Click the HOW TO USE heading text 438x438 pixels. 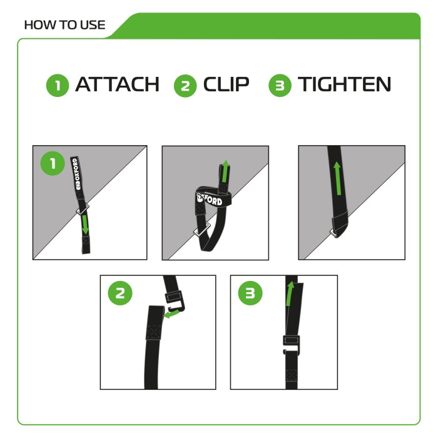(64, 26)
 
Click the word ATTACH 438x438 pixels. (117, 84)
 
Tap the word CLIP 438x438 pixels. (226, 84)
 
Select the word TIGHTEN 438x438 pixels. (345, 84)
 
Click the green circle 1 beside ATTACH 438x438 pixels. (58, 86)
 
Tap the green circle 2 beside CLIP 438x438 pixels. (185, 86)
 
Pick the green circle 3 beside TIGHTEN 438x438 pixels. (280, 86)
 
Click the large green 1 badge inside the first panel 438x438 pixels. (53, 164)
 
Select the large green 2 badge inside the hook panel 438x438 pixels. (121, 294)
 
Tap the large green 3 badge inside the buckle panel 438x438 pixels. (250, 294)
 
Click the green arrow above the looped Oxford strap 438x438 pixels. (225, 171)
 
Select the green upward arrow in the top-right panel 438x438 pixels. (337, 179)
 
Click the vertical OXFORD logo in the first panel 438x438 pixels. (79, 176)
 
